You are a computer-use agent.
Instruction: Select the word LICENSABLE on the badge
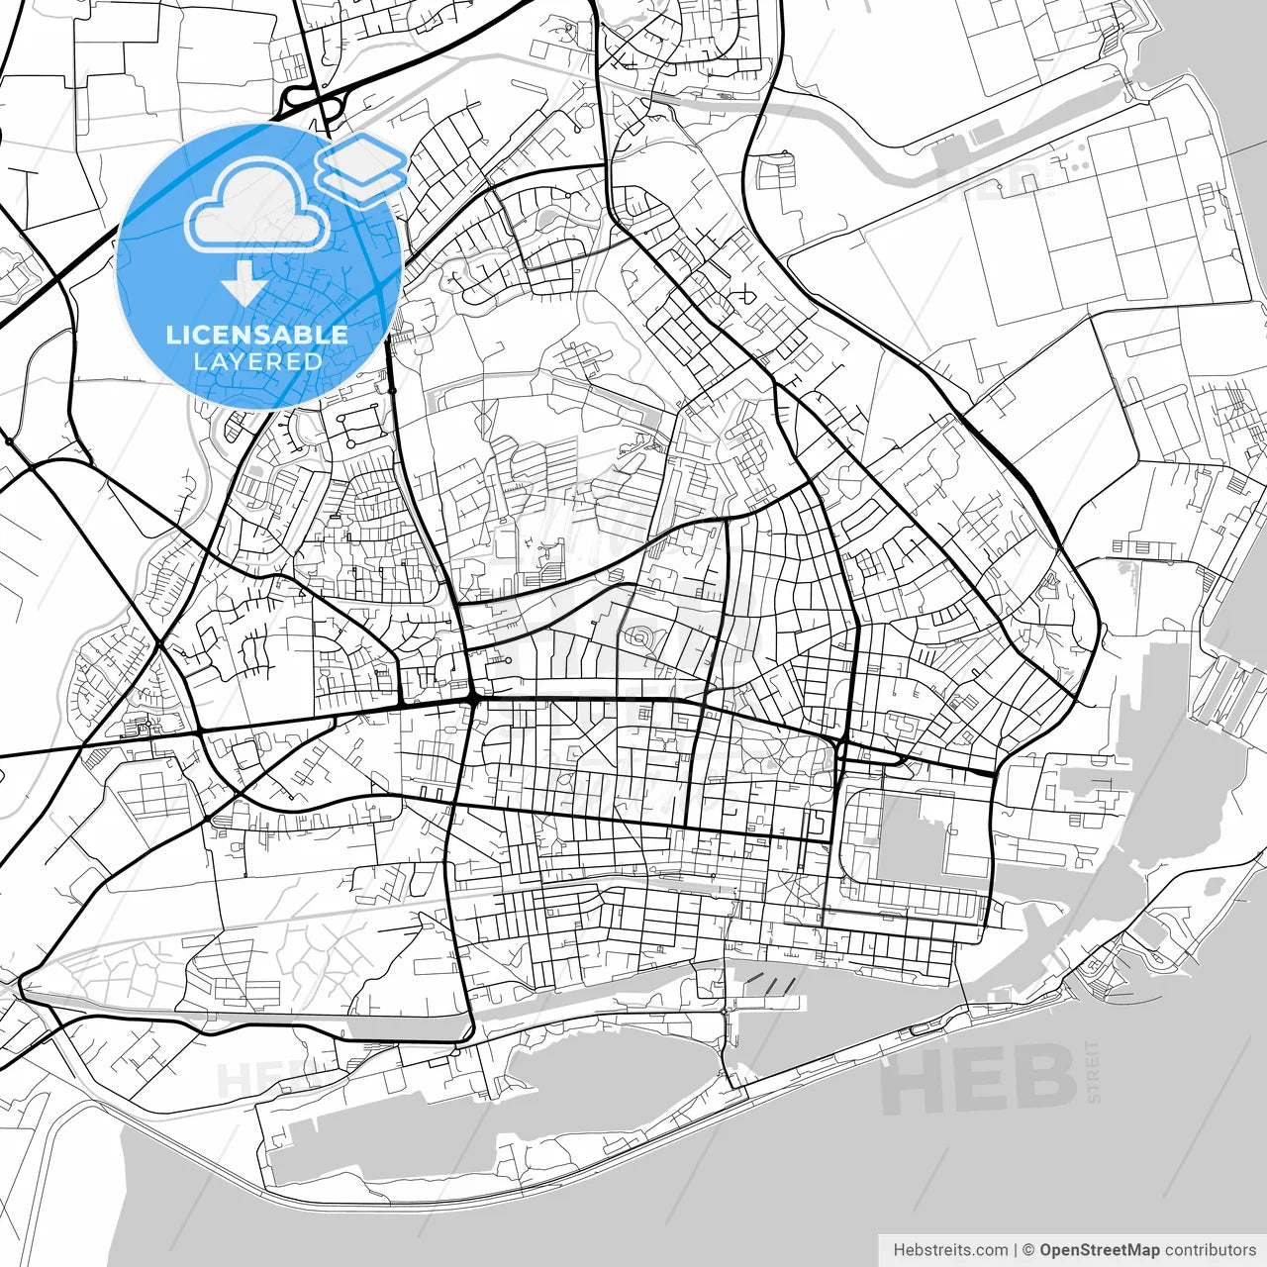[257, 335]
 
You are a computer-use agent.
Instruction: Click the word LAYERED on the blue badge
[257, 361]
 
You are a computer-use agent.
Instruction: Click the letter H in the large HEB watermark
[916, 1081]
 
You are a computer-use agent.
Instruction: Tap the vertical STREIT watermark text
[1093, 1071]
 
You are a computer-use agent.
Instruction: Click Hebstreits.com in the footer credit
[950, 1250]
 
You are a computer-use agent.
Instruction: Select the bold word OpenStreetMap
[1099, 1250]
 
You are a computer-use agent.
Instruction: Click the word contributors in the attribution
[1210, 1250]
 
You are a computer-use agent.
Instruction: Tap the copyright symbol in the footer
[1028, 1250]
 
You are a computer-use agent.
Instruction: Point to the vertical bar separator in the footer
[1016, 1250]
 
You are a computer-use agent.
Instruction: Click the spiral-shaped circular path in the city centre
[641, 638]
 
